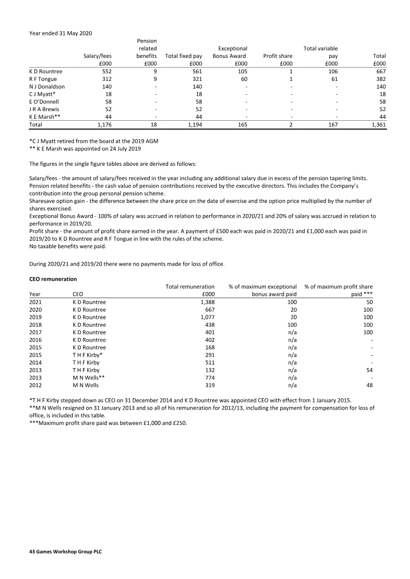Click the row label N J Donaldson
tap(47, 87)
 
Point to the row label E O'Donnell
tap(45, 102)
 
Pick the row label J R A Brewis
tap(45, 110)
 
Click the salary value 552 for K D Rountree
tap(105, 72)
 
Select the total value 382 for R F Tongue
tap(379, 79)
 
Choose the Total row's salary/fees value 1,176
tap(103, 124)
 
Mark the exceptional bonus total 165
tap(241, 124)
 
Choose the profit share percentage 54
tap(369, 370)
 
